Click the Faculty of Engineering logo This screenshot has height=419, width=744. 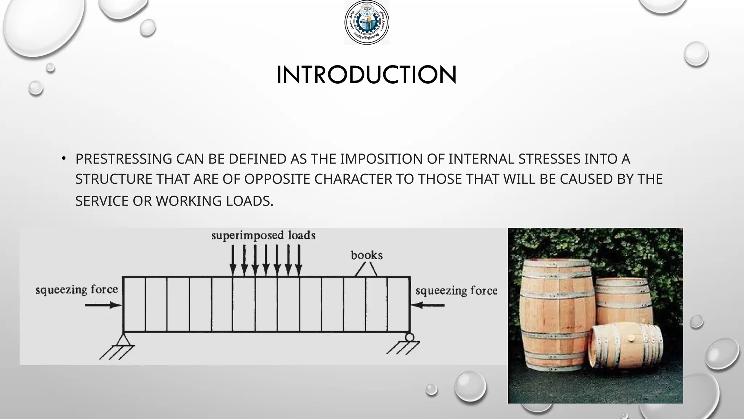click(x=367, y=23)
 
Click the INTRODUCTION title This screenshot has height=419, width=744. click(x=366, y=75)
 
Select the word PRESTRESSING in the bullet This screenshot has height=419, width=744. click(x=124, y=159)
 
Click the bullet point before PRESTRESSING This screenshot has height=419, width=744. click(x=64, y=158)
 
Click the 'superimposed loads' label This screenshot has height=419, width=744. click(x=263, y=235)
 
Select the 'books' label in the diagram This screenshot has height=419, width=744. click(x=367, y=255)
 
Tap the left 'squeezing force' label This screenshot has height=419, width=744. click(x=77, y=290)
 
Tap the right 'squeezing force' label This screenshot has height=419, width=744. click(x=456, y=291)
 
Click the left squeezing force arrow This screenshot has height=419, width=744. click(x=103, y=305)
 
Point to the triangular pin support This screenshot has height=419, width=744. click(x=124, y=340)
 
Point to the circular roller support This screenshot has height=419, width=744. click(x=409, y=337)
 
